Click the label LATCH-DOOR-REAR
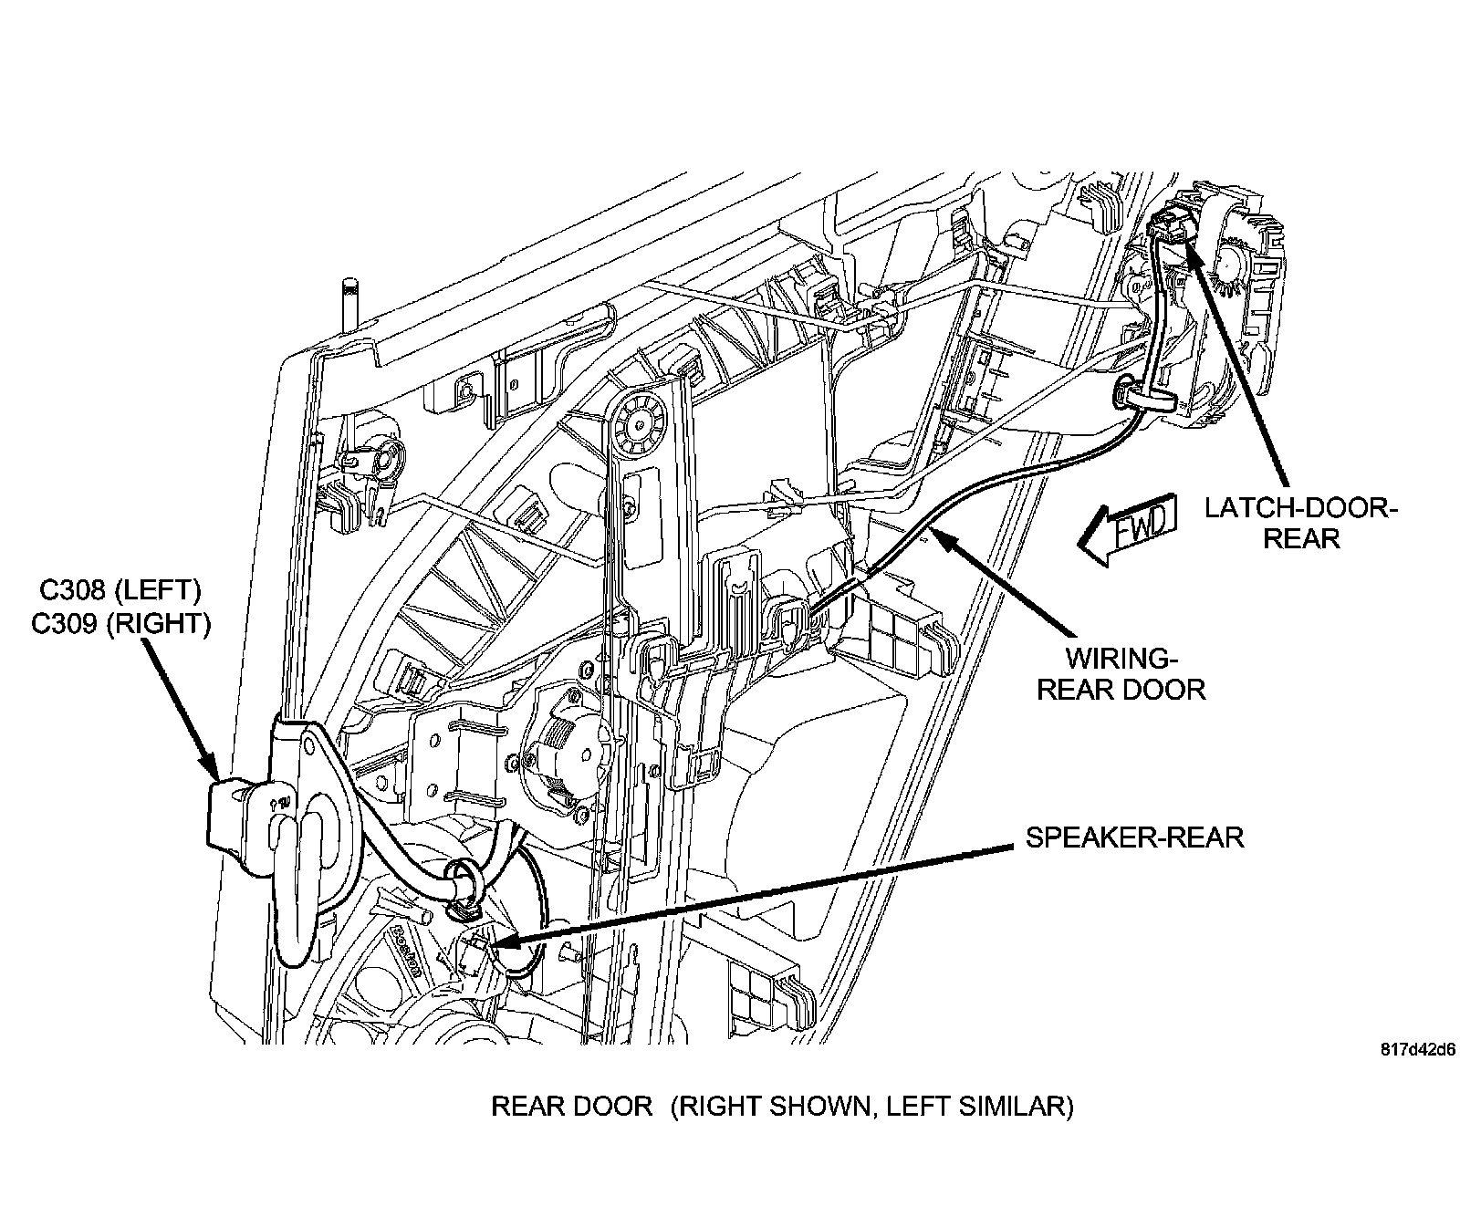[x=1300, y=523]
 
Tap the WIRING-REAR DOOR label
[x=1121, y=673]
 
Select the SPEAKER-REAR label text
[x=1134, y=837]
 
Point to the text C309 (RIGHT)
[x=120, y=623]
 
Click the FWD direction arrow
[x=1126, y=534]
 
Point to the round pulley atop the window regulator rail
[x=636, y=422]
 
